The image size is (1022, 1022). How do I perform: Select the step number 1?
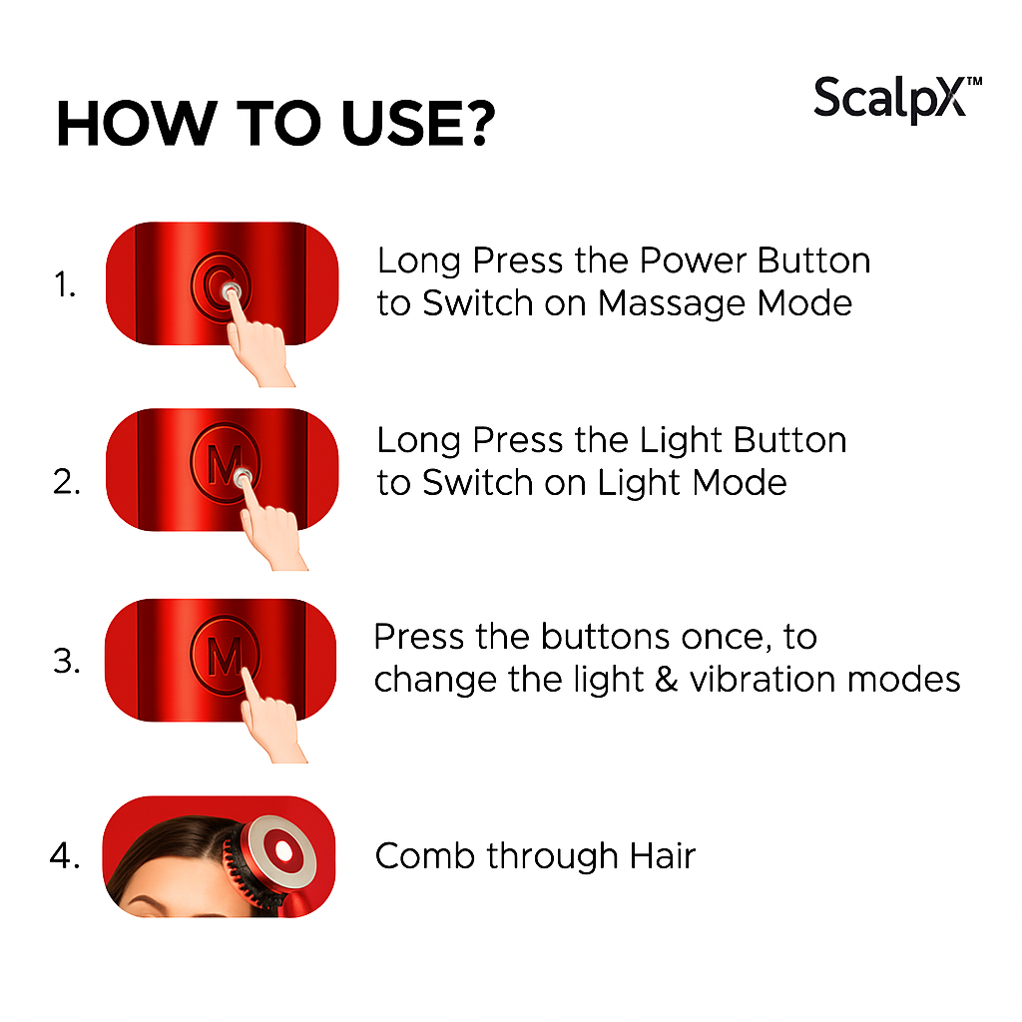tap(65, 286)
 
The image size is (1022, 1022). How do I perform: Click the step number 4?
tap(65, 856)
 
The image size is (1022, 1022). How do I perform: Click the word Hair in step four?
tap(662, 856)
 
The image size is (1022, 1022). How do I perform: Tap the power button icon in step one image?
tap(220, 286)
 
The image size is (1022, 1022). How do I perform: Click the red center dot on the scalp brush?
tap(283, 850)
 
